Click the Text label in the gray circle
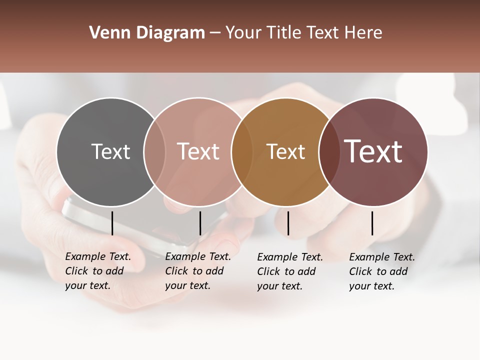pyautogui.click(x=110, y=151)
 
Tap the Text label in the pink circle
pyautogui.click(x=198, y=151)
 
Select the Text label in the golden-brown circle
pyautogui.click(x=285, y=151)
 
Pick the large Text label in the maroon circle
pyautogui.click(x=373, y=151)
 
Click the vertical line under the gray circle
pyautogui.click(x=112, y=223)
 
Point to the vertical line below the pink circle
pyautogui.click(x=200, y=223)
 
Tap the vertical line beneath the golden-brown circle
pyautogui.click(x=288, y=223)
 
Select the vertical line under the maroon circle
pyautogui.click(x=372, y=223)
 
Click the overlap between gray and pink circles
pyautogui.click(x=154, y=152)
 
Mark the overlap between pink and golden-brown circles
pyautogui.click(x=242, y=152)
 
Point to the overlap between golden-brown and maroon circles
pyautogui.click(x=329, y=152)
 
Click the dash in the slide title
pyautogui.click(x=215, y=33)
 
